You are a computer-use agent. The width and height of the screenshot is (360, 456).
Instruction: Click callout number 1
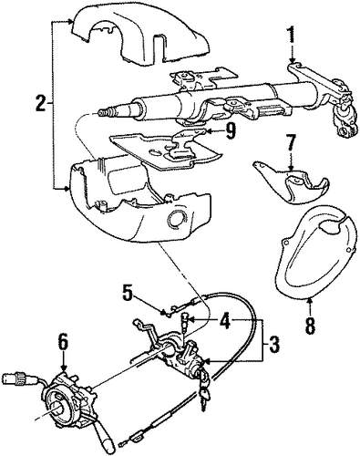(292, 35)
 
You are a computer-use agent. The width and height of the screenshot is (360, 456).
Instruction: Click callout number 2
(41, 103)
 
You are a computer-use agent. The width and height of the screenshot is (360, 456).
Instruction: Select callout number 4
(225, 322)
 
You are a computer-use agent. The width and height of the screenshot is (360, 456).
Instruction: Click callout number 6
(63, 342)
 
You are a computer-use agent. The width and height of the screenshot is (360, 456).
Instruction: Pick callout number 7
(290, 145)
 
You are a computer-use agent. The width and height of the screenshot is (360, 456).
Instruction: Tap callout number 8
(310, 325)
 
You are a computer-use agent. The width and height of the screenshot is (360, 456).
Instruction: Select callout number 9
(230, 131)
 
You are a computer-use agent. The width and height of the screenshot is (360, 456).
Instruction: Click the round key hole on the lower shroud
(176, 218)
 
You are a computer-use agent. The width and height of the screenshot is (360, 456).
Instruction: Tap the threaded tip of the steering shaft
(103, 114)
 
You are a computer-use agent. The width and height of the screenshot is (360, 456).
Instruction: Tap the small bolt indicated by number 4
(184, 322)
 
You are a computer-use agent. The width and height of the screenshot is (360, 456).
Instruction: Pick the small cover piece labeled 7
(291, 181)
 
